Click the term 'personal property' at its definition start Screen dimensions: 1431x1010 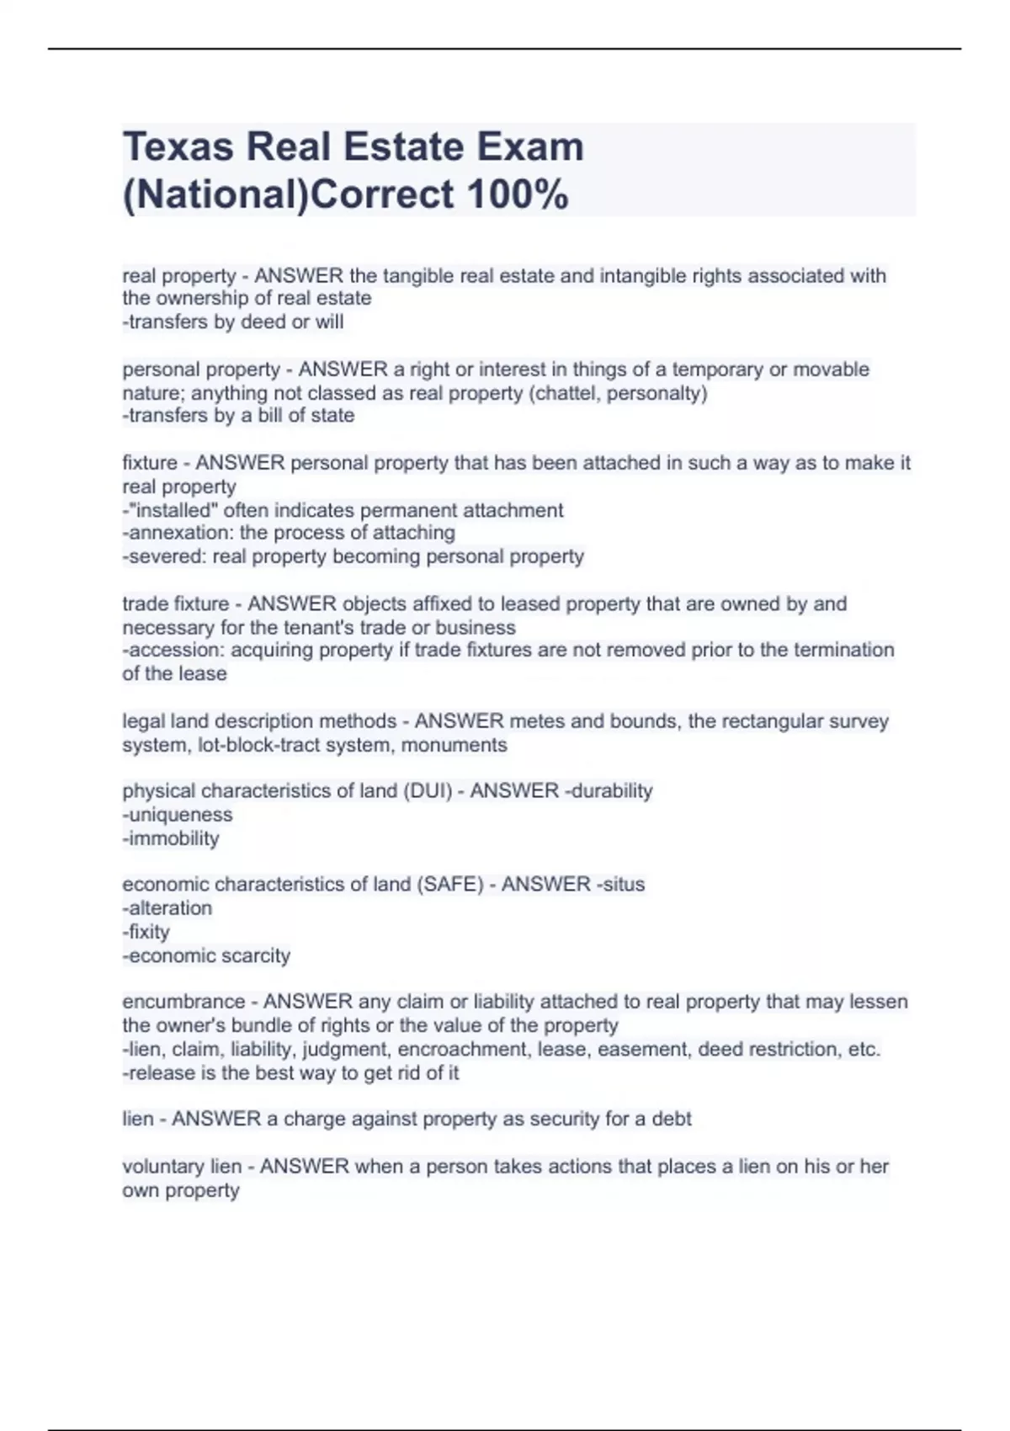pyautogui.click(x=201, y=370)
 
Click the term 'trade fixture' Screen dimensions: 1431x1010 pyautogui.click(x=175, y=604)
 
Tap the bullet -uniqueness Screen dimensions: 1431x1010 pyautogui.click(x=178, y=815)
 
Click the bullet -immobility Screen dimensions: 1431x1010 pyautogui.click(x=171, y=838)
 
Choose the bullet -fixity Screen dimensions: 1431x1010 pyautogui.click(x=146, y=932)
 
